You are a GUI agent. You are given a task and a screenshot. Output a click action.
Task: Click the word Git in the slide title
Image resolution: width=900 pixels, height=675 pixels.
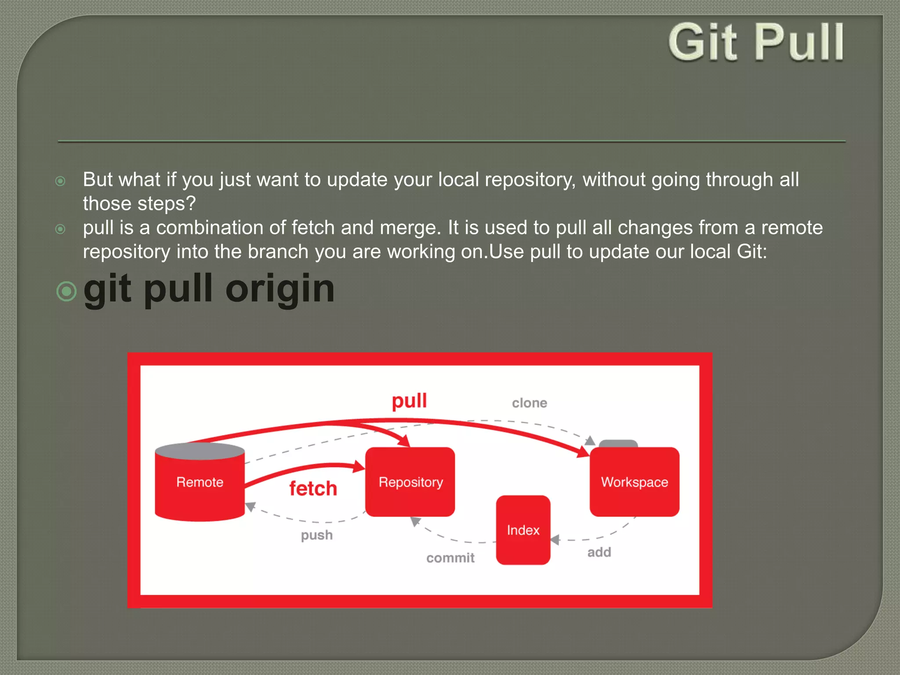tap(703, 43)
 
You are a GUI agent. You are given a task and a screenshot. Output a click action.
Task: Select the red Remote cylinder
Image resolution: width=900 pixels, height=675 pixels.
tap(200, 488)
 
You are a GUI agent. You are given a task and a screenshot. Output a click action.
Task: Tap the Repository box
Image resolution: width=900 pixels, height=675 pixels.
tap(410, 482)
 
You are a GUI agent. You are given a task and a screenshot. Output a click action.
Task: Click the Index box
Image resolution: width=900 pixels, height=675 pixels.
tap(523, 530)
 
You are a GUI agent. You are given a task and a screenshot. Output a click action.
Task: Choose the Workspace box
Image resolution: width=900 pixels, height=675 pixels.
tap(634, 482)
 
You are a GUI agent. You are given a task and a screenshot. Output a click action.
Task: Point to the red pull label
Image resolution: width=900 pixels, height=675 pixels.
tap(409, 401)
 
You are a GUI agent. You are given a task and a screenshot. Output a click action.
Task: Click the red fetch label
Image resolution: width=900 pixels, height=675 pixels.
tap(313, 489)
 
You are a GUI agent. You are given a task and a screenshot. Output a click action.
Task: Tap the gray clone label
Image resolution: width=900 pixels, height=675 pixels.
tap(529, 403)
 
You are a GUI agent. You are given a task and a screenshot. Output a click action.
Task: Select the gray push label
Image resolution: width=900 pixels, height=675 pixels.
tap(316, 535)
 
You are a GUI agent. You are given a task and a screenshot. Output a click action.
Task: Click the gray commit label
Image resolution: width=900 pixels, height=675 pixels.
tap(450, 558)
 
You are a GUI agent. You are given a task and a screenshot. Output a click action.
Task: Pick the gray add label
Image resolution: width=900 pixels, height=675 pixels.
tap(599, 552)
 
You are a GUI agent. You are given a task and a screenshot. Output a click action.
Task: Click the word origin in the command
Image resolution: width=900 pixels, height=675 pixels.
tap(280, 290)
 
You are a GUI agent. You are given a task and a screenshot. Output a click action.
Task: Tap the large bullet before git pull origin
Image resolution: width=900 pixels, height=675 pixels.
tap(67, 291)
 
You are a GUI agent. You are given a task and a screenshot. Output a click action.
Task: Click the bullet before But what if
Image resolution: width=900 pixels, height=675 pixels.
tap(61, 181)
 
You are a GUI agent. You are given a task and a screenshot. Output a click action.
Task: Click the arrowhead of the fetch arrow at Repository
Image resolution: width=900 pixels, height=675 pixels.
tap(359, 466)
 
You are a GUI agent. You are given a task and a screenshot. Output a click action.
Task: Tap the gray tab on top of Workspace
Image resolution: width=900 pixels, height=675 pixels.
tap(618, 443)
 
